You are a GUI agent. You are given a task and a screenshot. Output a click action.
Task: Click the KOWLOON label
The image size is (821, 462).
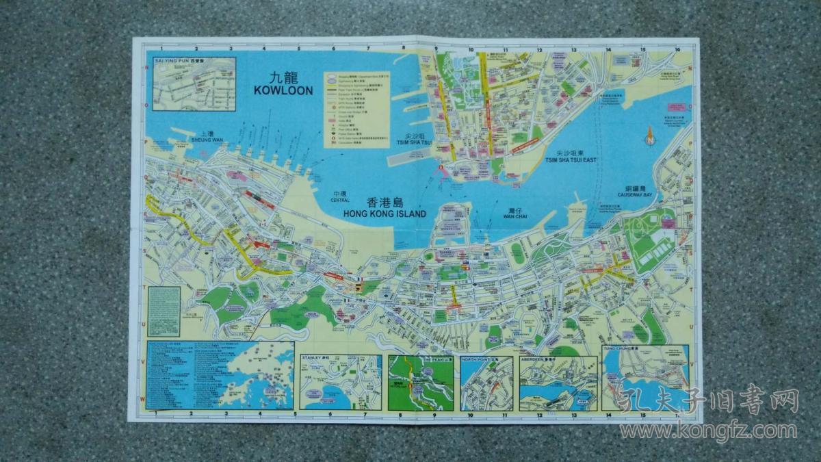click(x=283, y=90)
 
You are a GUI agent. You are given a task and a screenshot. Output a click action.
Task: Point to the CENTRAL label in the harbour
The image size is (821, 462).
click(x=339, y=201)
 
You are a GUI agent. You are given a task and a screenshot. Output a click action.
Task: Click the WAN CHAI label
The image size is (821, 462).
click(x=515, y=216)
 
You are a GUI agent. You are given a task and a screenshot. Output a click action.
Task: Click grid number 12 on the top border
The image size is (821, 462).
click(x=540, y=49)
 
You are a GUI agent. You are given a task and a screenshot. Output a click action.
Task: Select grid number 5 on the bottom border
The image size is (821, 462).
click(x=296, y=413)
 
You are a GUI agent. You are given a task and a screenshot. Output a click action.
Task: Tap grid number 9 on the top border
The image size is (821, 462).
click(x=436, y=49)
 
